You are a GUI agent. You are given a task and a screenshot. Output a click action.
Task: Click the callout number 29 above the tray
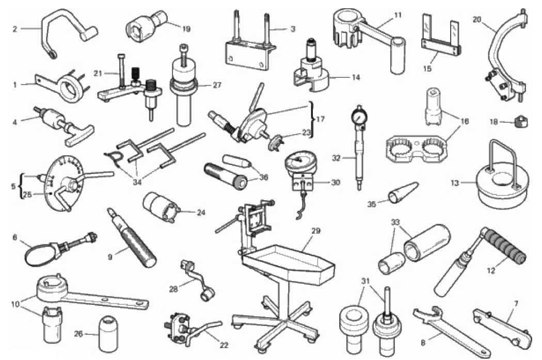(315, 231)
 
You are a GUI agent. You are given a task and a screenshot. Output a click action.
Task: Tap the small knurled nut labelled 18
(520, 122)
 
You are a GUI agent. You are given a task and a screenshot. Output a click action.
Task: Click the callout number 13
(455, 183)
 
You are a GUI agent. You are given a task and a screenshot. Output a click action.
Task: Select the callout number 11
(398, 15)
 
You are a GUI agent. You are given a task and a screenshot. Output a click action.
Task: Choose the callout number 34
(137, 182)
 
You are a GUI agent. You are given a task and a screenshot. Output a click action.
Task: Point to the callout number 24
(201, 212)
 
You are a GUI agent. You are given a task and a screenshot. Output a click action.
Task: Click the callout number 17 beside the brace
(321, 119)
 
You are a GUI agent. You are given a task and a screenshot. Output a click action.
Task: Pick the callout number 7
(516, 304)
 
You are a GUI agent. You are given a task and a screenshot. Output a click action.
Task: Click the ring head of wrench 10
(52, 287)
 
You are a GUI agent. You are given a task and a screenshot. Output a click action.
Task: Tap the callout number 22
(224, 345)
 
